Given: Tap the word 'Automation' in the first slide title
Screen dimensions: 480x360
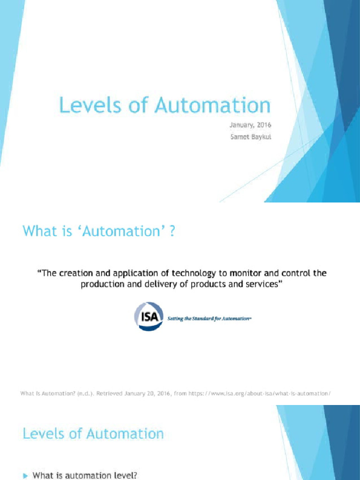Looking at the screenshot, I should click(213, 105).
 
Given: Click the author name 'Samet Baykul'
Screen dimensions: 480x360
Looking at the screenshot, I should click(250, 137).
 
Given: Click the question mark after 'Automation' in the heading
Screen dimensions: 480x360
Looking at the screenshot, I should click(172, 232).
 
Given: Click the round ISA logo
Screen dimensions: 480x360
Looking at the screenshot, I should click(149, 316).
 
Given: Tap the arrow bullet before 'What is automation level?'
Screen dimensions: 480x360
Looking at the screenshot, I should click(26, 475).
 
